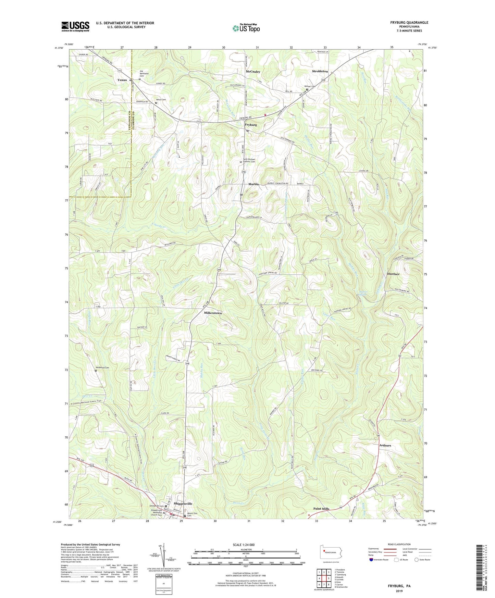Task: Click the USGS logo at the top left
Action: (75, 26)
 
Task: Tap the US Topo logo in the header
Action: (246, 28)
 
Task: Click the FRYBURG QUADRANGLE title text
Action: (409, 23)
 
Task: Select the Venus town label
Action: (122, 80)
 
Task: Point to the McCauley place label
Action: (253, 72)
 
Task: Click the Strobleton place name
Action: (320, 71)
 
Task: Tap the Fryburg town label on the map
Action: (251, 125)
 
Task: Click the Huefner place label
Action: (393, 274)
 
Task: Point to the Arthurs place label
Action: (385, 445)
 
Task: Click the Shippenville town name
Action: (183, 503)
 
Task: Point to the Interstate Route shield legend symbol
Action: (371, 559)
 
